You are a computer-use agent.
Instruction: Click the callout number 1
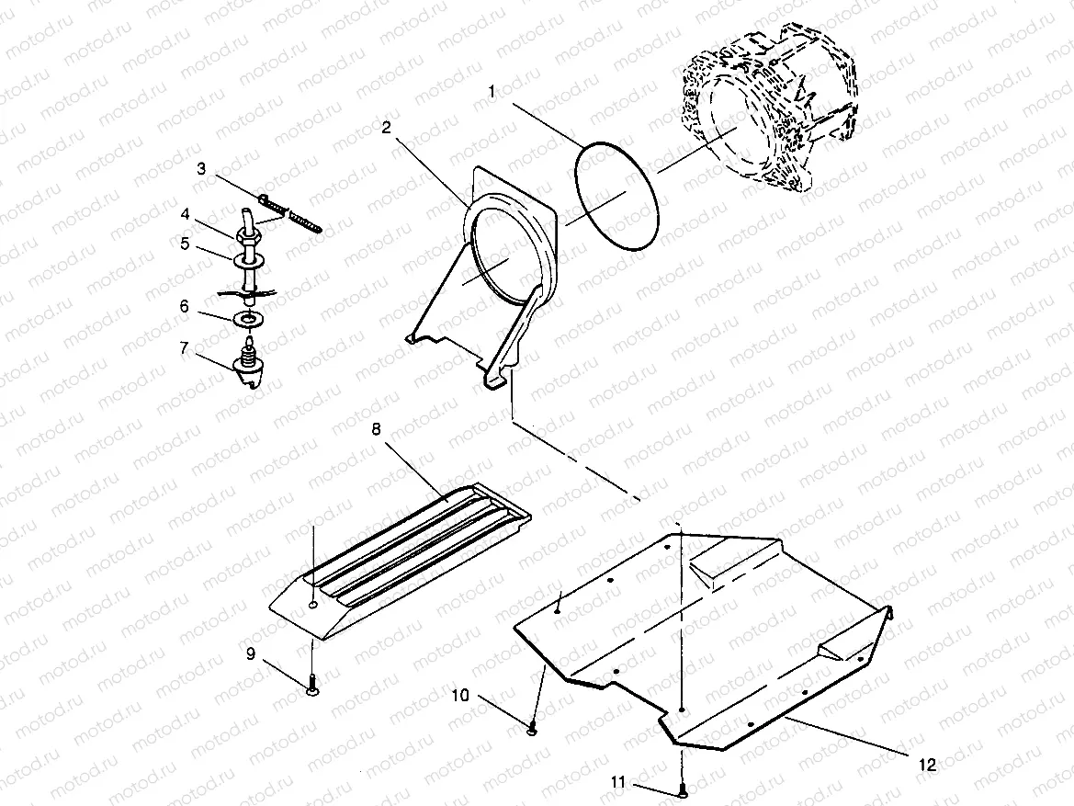[492, 92]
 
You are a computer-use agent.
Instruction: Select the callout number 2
[387, 127]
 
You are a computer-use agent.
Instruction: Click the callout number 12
[927, 764]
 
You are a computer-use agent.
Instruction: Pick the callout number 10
[460, 696]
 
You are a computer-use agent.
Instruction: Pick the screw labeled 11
[682, 789]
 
